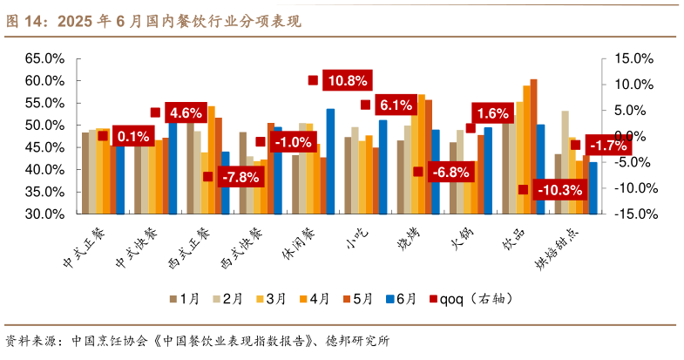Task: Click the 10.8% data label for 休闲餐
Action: click(346, 81)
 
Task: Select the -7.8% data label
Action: click(240, 177)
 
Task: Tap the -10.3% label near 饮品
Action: click(561, 190)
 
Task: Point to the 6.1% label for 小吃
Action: click(396, 105)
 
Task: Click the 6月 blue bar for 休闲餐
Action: click(330, 161)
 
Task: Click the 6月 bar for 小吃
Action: click(383, 166)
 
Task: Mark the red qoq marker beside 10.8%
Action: click(313, 80)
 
